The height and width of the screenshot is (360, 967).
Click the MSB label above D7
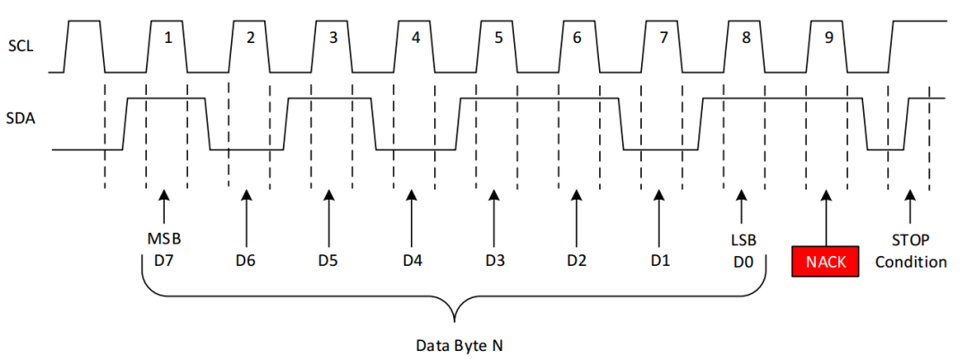163,240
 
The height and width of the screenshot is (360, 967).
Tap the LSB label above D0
741,240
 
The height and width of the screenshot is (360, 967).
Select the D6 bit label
246,261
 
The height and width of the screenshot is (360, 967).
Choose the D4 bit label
411,261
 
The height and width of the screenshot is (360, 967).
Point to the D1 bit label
660,261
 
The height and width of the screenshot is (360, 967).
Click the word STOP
911,240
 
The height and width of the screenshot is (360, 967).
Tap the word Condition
911,261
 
